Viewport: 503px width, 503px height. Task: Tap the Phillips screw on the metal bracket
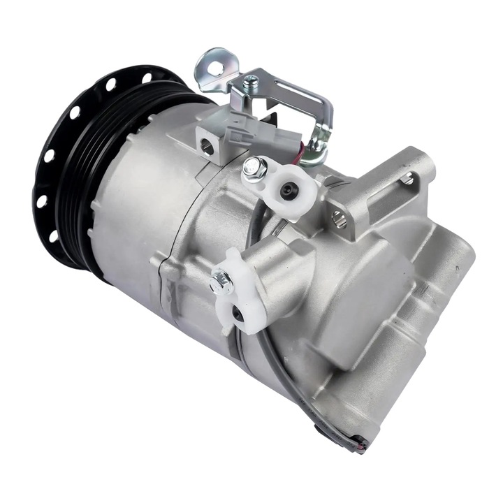pos(250,82)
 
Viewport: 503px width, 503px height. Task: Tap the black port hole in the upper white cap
pos(286,190)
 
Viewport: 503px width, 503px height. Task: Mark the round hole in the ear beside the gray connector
pos(207,146)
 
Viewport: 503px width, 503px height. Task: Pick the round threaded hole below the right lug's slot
pos(339,219)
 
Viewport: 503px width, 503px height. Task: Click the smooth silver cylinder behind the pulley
pos(133,203)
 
